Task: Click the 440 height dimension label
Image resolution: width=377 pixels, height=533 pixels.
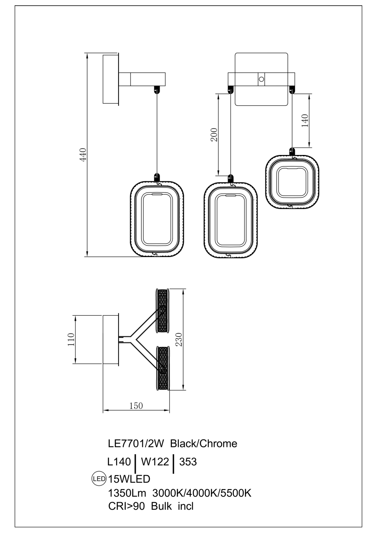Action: [82, 155]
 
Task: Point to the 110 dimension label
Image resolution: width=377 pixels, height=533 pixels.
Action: [71, 339]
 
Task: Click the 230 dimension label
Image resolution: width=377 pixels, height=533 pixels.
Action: [178, 339]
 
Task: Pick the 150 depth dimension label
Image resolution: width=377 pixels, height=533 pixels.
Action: [136, 406]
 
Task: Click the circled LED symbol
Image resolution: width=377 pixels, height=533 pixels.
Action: [99, 478]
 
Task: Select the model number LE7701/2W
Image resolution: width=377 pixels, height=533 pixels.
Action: [136, 444]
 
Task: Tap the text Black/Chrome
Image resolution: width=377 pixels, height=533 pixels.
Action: [203, 444]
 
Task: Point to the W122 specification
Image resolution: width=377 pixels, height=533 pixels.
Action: [155, 462]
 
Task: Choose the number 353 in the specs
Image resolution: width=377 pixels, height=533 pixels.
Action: [188, 462]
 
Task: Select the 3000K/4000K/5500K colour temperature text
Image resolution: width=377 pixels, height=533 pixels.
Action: [201, 493]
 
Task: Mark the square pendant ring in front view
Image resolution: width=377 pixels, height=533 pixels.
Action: [292, 182]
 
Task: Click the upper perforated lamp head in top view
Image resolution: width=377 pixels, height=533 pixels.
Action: [163, 310]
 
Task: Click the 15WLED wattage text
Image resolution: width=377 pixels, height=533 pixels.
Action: [129, 478]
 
